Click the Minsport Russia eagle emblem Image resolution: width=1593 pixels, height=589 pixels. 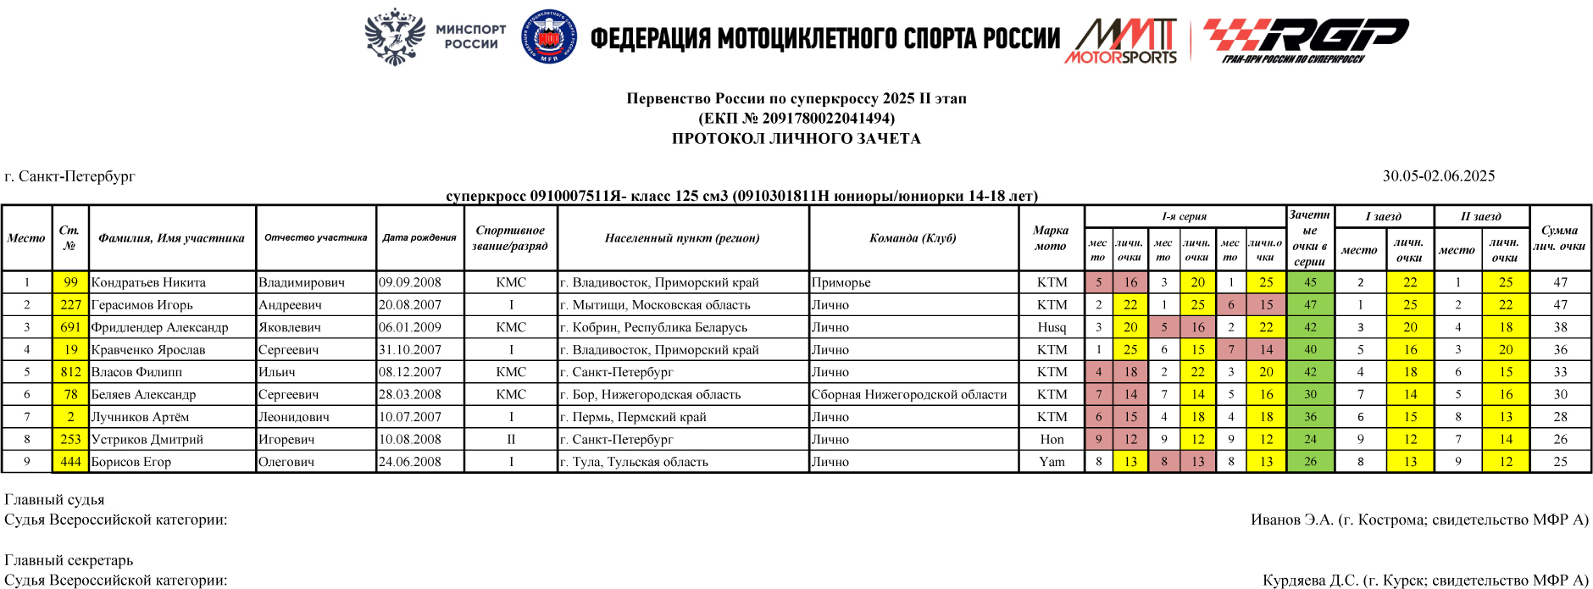394,37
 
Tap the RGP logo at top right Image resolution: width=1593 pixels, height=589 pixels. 1305,39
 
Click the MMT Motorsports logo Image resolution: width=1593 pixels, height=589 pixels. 1123,41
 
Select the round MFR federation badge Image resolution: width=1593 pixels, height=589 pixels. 549,37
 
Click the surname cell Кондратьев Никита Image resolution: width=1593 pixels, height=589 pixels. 148,282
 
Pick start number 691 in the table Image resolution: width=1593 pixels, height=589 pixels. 70,327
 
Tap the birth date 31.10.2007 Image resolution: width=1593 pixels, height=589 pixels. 410,349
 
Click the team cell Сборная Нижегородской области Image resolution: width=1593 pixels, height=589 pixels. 909,394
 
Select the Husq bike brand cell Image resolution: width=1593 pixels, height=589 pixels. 1052,327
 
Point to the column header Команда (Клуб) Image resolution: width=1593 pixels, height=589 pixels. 913,238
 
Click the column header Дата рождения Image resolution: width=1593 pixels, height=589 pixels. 419,238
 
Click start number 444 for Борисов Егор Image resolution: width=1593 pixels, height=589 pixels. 70,462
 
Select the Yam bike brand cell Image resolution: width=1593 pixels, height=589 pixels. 1052,462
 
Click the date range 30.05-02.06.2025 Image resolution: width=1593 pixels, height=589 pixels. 1439,176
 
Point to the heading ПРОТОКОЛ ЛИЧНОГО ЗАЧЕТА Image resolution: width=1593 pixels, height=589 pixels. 796,139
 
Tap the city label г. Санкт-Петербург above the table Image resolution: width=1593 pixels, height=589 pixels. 70,177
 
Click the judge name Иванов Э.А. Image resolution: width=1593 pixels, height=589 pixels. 1291,520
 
